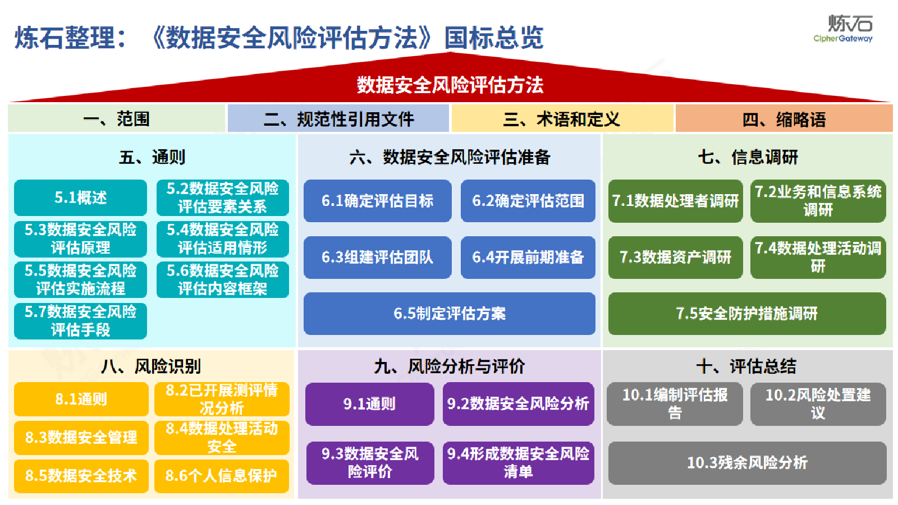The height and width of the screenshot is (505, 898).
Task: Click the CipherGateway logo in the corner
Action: [x=844, y=29]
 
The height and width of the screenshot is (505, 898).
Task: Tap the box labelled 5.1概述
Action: [x=81, y=198]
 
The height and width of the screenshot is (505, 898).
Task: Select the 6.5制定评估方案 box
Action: [x=450, y=314]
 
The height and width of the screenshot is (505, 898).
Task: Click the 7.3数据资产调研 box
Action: [x=676, y=258]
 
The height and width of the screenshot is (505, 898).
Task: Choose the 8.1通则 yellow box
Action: [x=81, y=399]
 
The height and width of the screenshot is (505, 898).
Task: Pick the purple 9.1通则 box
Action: [x=370, y=404]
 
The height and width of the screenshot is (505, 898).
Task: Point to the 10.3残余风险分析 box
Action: [x=747, y=463]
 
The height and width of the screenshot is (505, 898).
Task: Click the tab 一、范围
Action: [x=116, y=118]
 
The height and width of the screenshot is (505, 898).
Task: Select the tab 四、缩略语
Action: [x=784, y=118]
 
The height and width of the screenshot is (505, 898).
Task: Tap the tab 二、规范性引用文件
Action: [x=338, y=118]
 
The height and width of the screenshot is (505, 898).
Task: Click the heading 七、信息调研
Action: [x=748, y=157]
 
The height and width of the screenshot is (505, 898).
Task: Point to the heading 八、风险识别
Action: [x=151, y=366]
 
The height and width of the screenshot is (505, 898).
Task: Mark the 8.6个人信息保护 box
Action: [x=222, y=476]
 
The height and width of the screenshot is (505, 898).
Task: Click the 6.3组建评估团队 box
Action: [x=378, y=258]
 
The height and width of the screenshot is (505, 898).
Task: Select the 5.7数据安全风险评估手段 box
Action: [x=81, y=321]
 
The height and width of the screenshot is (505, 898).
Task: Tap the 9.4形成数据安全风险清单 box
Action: [x=519, y=463]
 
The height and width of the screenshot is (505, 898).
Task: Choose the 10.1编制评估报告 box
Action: [x=675, y=404]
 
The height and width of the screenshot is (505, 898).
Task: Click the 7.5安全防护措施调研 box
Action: [x=747, y=314]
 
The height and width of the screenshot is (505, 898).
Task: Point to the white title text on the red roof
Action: [x=450, y=85]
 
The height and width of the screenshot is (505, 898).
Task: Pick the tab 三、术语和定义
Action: [x=562, y=118]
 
